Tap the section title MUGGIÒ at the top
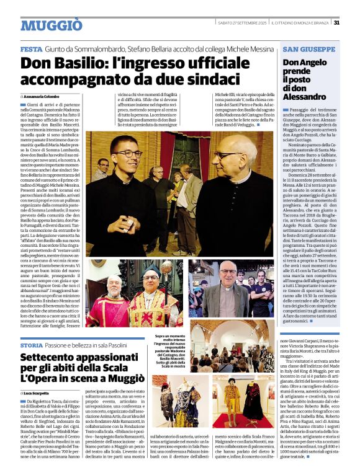(51, 25)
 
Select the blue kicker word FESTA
(31, 49)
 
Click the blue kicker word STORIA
(32, 344)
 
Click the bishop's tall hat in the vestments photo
(152, 271)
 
